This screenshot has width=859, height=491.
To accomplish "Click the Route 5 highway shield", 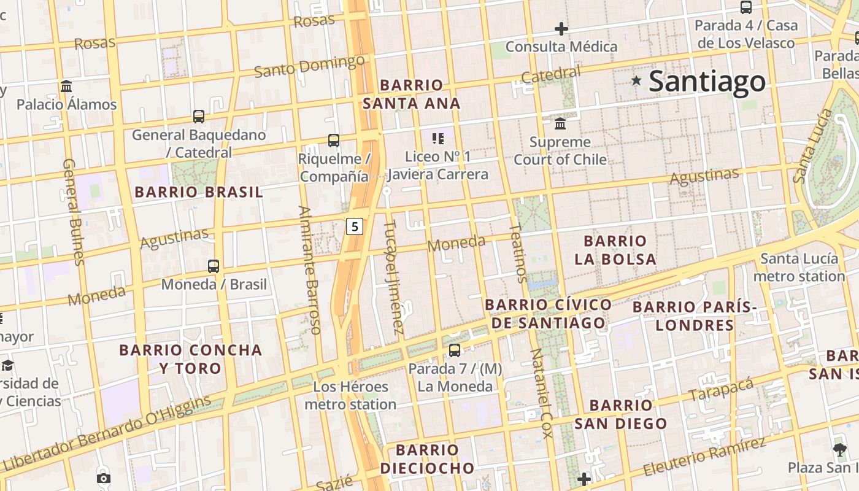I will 355,226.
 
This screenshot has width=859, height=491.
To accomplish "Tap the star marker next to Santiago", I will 636,80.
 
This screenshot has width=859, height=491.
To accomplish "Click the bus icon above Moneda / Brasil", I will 214,266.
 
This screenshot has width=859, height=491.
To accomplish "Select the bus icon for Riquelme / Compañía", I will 334,141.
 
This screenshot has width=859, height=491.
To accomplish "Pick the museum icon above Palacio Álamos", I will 66,86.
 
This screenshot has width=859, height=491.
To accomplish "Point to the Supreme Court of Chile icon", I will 560,124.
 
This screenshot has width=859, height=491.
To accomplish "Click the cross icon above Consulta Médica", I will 561,28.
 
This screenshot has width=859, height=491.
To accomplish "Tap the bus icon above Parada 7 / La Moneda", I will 455,350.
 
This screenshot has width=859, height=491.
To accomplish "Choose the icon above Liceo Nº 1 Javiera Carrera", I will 438,138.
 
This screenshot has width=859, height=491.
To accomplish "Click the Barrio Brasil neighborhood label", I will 199,192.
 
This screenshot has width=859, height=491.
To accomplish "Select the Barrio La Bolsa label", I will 615,250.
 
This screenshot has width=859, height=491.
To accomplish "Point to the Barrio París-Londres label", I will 695,315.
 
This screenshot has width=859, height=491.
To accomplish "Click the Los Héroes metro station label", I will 350,396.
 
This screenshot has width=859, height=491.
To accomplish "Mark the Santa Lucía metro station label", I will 799,268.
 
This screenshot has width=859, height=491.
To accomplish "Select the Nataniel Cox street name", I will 542,393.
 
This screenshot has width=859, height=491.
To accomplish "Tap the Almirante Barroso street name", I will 309,270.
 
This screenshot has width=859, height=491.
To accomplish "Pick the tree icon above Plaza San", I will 839,450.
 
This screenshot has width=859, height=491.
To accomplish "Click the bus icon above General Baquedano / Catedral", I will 199,117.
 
